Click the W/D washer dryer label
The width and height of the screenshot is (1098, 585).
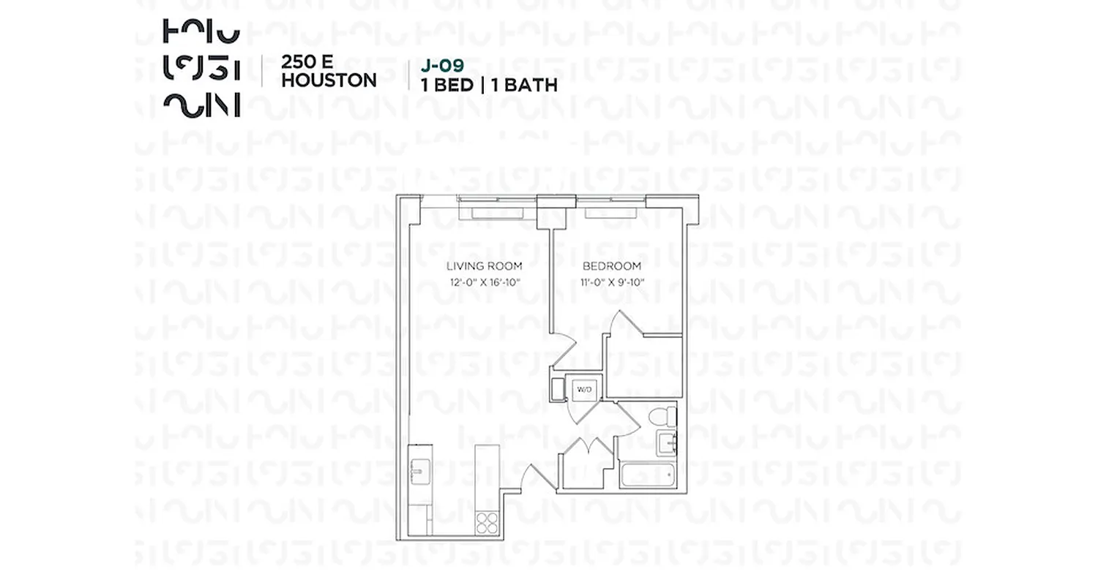(586, 389)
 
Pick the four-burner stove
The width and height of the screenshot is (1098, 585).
(487, 523)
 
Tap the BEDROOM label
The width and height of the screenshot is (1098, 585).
(612, 265)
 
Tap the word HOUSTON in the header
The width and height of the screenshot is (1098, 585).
(329, 80)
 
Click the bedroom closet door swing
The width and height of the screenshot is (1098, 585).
(624, 322)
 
